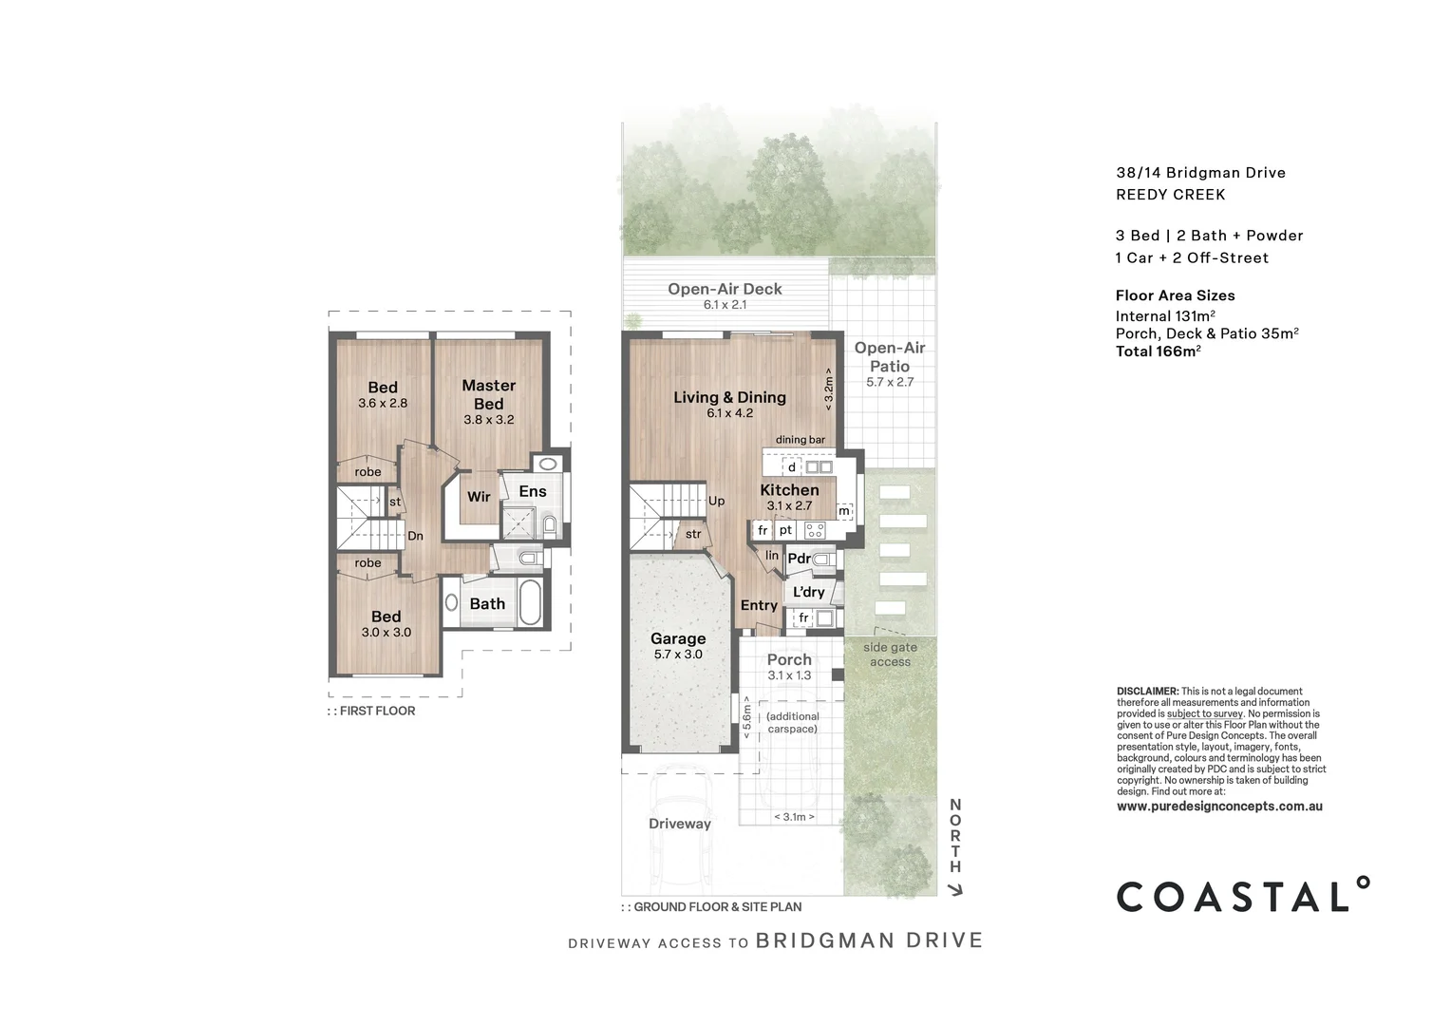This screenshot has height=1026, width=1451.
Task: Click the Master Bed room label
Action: [x=488, y=394]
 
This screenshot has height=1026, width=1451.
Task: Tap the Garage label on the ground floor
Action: [x=677, y=638]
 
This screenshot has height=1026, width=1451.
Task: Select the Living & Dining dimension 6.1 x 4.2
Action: [x=729, y=413]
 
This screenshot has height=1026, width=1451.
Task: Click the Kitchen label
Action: [x=789, y=490]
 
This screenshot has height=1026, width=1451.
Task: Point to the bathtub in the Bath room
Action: [x=530, y=603]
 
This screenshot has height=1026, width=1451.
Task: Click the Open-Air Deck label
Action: [x=725, y=289]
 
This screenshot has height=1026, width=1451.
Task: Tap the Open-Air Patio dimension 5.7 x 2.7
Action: [x=889, y=382]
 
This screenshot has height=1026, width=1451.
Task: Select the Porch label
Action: [x=789, y=659]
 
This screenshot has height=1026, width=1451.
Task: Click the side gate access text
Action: [x=890, y=655]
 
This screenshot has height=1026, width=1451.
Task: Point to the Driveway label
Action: [x=679, y=824]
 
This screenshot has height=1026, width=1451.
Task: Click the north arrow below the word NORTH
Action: [x=956, y=890]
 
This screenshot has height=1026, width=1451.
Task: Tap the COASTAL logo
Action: [x=1243, y=895]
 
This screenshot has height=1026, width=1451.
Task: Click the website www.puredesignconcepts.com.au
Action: [x=1219, y=807]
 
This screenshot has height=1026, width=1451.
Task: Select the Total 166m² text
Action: [x=1158, y=351]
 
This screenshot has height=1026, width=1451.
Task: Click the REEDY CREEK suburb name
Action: [x=1170, y=195]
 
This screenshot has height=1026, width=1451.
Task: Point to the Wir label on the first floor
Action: [x=479, y=497]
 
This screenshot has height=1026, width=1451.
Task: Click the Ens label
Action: [x=532, y=491]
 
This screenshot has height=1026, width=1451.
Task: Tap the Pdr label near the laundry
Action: [x=799, y=559]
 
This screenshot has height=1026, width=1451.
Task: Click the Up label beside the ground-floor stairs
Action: [x=716, y=501]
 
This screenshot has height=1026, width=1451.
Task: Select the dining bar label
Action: [x=800, y=440]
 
